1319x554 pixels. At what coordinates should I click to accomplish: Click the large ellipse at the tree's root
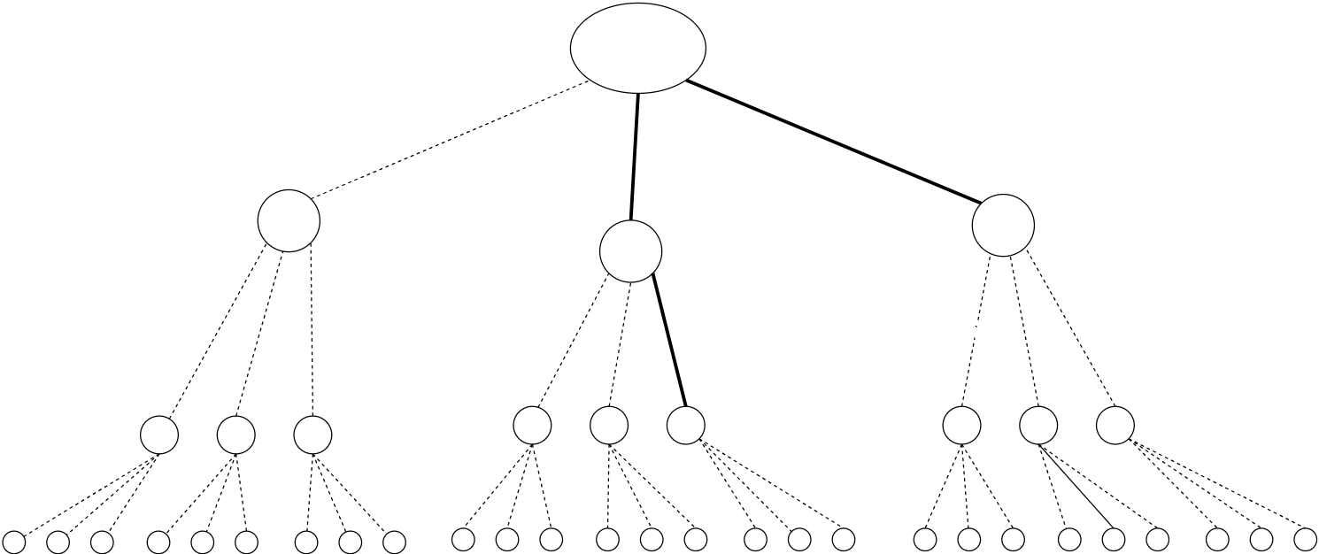pyautogui.click(x=637, y=49)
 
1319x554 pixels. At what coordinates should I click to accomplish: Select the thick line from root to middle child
pyautogui.click(x=634, y=156)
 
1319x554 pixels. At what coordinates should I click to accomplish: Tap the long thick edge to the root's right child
pyautogui.click(x=832, y=142)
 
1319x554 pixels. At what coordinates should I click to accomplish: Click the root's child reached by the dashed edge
pyautogui.click(x=289, y=220)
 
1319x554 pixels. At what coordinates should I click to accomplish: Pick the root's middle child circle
pyautogui.click(x=630, y=251)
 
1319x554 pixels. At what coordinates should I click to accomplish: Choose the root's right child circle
pyautogui.click(x=1003, y=227)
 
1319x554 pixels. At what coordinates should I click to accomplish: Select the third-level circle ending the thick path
pyautogui.click(x=685, y=424)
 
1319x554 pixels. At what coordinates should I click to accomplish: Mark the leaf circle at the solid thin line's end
pyautogui.click(x=1113, y=539)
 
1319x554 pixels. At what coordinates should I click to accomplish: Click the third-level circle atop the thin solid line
pyautogui.click(x=1037, y=426)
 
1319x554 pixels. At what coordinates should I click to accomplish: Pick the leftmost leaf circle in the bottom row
pyautogui.click(x=14, y=542)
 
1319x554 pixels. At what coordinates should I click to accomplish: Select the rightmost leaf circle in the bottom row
pyautogui.click(x=1305, y=538)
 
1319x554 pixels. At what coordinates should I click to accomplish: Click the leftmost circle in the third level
pyautogui.click(x=159, y=435)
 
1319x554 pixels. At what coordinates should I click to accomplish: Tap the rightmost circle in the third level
pyautogui.click(x=1115, y=425)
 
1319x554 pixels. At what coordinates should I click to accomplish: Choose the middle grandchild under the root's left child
pyautogui.click(x=236, y=435)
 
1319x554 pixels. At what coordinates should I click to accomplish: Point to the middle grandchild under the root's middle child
pyautogui.click(x=609, y=425)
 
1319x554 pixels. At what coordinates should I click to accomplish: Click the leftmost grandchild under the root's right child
pyautogui.click(x=961, y=426)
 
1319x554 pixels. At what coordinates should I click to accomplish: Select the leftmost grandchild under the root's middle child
pyautogui.click(x=532, y=425)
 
